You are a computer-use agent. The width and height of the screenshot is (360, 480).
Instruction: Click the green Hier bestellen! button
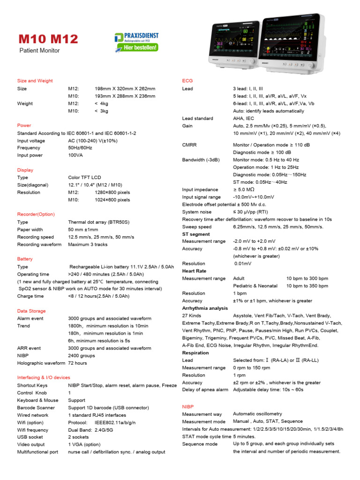[141, 47]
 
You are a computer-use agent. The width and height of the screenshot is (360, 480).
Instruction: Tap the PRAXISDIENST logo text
[142, 36]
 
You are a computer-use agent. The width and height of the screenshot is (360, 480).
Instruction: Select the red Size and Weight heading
[35, 81]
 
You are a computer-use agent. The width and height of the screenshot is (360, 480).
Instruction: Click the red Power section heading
[24, 125]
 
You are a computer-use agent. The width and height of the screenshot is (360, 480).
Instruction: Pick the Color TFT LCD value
[84, 178]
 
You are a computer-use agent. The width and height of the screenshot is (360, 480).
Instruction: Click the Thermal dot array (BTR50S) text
[98, 222]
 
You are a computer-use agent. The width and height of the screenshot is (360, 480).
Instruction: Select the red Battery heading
[25, 259]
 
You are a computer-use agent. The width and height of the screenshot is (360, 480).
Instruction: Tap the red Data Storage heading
[31, 311]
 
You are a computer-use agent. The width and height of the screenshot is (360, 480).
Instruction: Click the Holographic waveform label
[41, 363]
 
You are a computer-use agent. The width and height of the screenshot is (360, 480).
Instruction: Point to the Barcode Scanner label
[36, 408]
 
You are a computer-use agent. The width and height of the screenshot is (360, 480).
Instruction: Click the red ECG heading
[187, 81]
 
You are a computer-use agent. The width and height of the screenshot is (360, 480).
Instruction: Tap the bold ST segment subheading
[196, 234]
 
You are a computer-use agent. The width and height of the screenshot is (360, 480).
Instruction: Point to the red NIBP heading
[187, 406]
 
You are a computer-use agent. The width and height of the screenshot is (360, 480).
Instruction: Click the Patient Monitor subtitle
[39, 50]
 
